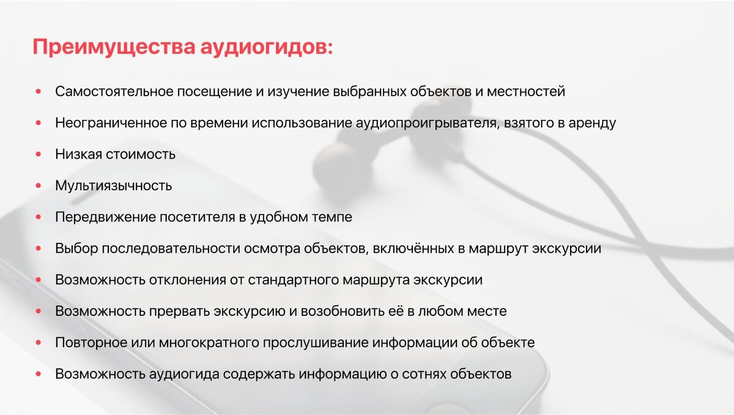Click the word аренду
tap(590, 123)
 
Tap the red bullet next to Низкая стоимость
tap(39, 154)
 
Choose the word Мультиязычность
tap(113, 185)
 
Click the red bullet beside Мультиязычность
tap(39, 185)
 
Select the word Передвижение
tap(106, 217)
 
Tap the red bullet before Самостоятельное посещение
tap(39, 92)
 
